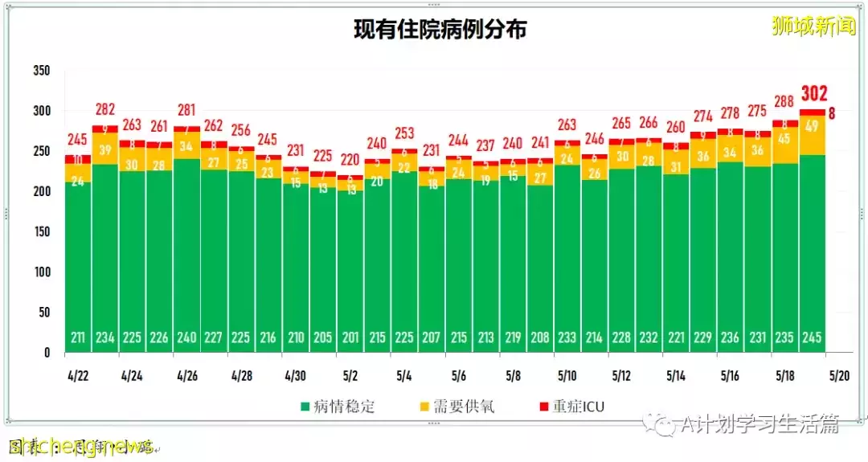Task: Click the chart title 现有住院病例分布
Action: coord(440,30)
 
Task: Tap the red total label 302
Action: coord(813,94)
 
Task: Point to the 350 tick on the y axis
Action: coord(42,71)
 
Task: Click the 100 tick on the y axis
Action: coord(42,272)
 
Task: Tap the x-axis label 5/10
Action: coord(567,376)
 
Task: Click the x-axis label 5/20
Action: coord(839,376)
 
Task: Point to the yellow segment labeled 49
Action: coord(813,126)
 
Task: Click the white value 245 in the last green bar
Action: coord(813,337)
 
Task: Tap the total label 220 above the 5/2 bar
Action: coord(350,159)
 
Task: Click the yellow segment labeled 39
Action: coord(104,149)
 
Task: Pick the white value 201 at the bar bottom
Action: coord(350,337)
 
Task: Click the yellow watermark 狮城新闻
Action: coord(813,27)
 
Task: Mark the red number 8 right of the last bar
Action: coord(832,113)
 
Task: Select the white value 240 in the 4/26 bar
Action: coord(186,337)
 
